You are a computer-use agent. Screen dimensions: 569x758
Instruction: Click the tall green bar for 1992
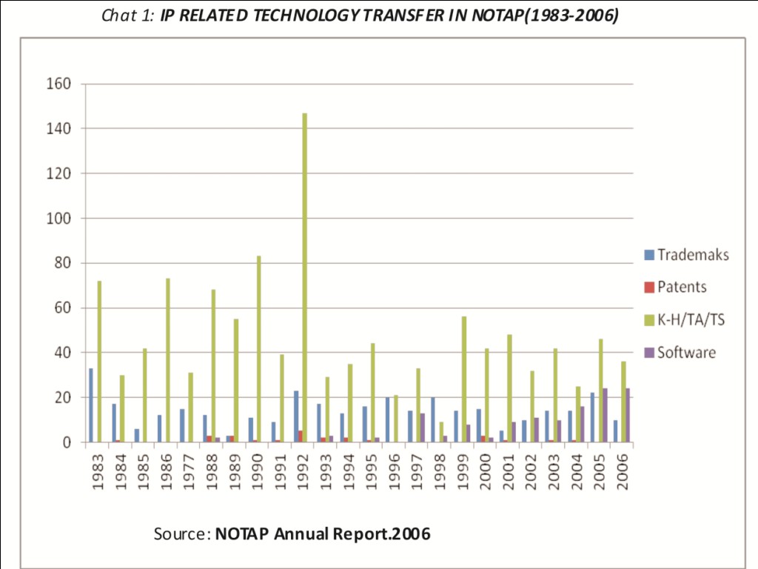click(x=304, y=278)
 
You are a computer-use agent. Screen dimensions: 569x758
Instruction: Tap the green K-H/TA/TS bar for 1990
click(x=258, y=349)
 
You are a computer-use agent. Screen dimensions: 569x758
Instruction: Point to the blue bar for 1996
click(x=387, y=420)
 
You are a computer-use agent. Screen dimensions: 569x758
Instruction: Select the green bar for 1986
click(x=167, y=360)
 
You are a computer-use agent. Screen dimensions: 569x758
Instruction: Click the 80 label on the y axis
click(x=63, y=263)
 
